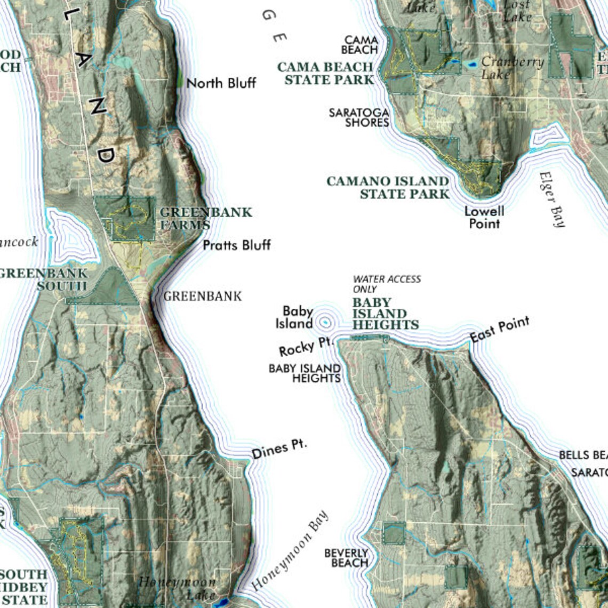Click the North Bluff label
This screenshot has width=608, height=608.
221,83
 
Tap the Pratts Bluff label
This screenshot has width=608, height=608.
237,245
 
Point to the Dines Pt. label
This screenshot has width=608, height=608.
279,450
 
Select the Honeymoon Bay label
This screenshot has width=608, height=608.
291,550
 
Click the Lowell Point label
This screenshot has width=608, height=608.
484,217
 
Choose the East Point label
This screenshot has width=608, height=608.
500,329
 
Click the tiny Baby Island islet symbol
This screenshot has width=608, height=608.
325,322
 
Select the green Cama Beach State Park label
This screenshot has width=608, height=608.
325,74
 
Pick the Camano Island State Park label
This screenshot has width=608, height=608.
388,187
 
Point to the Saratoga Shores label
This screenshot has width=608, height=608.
359,117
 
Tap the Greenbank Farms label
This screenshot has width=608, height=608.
205,218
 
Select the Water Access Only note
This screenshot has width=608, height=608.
387,284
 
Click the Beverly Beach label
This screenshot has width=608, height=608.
346,558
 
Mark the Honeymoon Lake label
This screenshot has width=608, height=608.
178,587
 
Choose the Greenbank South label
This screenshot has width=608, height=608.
45,279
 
